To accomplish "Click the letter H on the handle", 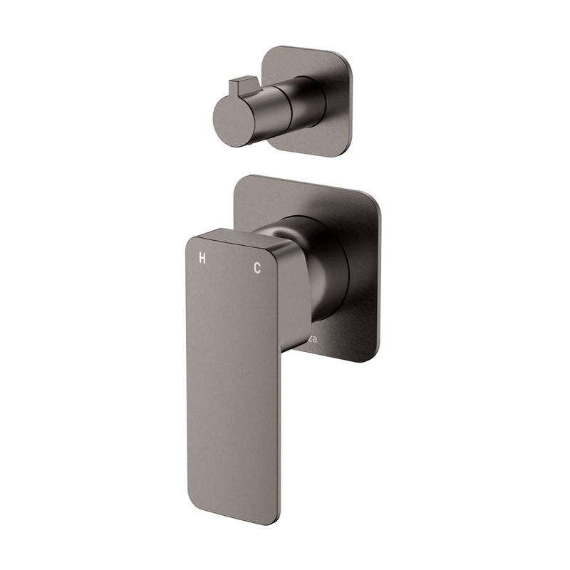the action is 202,259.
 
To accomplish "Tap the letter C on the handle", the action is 257,268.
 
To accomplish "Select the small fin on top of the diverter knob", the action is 238,86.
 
